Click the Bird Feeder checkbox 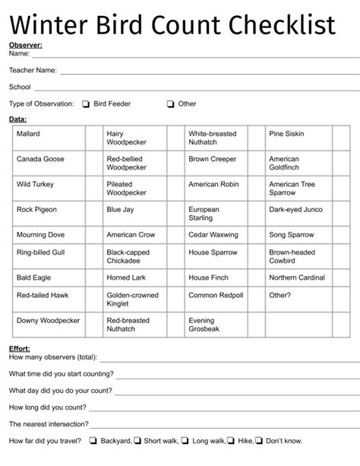click(x=86, y=104)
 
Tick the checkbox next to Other click(x=170, y=104)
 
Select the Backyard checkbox click(x=93, y=440)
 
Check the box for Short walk click(x=138, y=440)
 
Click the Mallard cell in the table click(x=29, y=134)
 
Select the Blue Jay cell click(x=121, y=209)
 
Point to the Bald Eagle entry click(x=34, y=278)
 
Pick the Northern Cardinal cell click(x=295, y=278)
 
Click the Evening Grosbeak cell click(x=203, y=325)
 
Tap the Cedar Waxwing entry click(x=210, y=235)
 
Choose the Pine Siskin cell click(x=286, y=134)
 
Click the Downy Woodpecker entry click(x=48, y=321)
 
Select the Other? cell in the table click(x=279, y=296)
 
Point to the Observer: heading click(x=25, y=46)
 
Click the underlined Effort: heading click(x=20, y=348)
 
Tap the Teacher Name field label click(x=33, y=70)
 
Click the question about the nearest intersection click(x=49, y=423)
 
